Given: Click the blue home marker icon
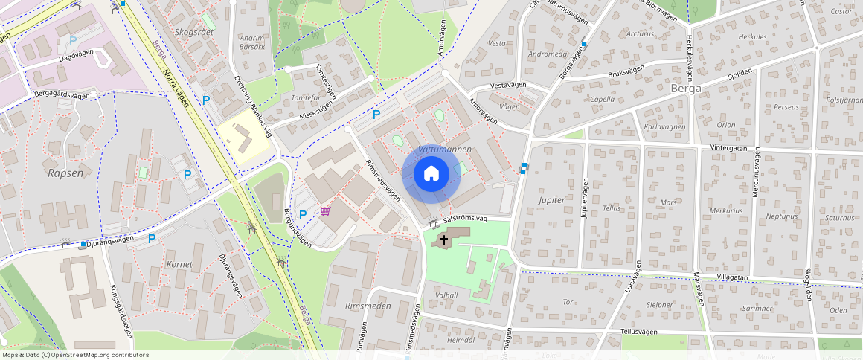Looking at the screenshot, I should [x=431, y=174].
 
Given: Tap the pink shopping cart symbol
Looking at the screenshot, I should [x=326, y=211].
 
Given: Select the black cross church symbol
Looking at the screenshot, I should [x=444, y=240].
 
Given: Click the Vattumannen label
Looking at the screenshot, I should [x=446, y=150].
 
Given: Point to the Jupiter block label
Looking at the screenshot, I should [x=551, y=200].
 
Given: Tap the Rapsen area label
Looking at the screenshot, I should [x=63, y=173].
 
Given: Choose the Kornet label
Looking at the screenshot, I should [x=180, y=264].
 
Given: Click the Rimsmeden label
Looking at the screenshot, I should [x=368, y=306].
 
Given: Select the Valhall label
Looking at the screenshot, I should [x=446, y=295].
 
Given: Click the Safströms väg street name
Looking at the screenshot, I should [x=465, y=219].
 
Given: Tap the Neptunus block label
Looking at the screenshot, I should [x=781, y=216].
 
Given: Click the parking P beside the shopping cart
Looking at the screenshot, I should [x=303, y=214].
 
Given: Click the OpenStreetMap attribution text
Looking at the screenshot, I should [x=74, y=355].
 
